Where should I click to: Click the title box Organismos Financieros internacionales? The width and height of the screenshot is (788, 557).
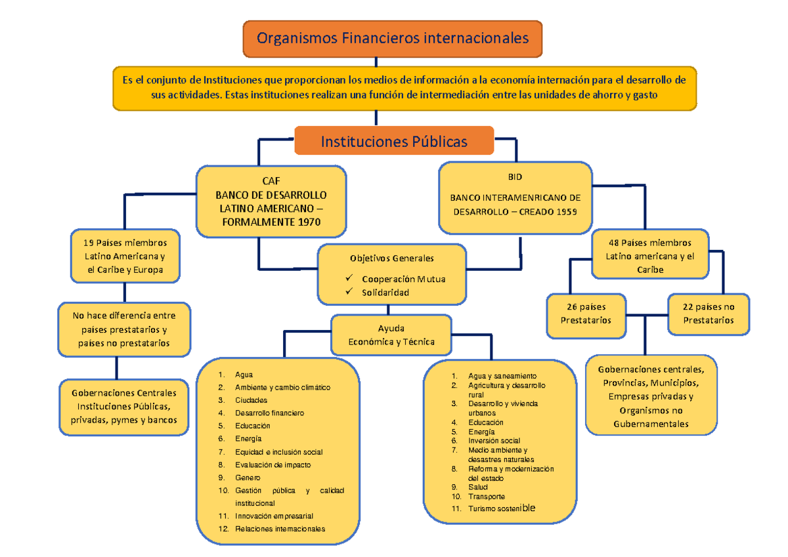[x=393, y=39]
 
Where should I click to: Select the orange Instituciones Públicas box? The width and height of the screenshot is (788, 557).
[x=394, y=141]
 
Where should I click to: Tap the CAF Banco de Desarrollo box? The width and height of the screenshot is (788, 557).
[x=271, y=201]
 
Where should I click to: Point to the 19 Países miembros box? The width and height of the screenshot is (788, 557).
[x=125, y=256]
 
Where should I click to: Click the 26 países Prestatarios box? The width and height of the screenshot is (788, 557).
[x=586, y=314]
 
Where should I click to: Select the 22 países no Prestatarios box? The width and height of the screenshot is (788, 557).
[x=709, y=314]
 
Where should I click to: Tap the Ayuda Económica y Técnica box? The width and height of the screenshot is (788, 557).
[x=391, y=335]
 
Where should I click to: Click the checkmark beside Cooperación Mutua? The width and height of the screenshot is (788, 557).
[x=350, y=278]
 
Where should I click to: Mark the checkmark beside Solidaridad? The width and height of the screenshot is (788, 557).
[x=350, y=292]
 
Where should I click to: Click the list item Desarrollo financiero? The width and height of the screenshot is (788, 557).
[x=269, y=413]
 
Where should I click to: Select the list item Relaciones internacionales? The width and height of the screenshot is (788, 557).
[x=280, y=529]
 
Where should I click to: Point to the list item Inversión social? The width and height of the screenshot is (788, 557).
[x=494, y=441]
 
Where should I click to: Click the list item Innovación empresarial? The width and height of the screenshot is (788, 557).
[x=274, y=516]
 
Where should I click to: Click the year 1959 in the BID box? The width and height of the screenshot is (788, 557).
[x=569, y=212]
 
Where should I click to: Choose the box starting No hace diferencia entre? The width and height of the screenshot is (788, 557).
[x=124, y=329]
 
